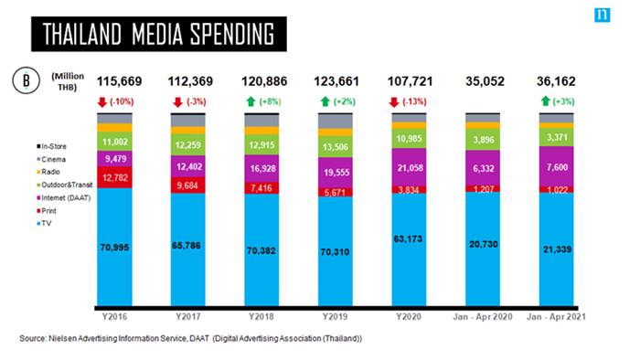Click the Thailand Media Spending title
pos(158,34)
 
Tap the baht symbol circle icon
pos(27,80)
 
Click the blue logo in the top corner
pos(602,16)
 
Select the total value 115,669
pos(119,81)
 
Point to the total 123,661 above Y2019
pos(336,81)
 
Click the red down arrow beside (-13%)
pos(394,102)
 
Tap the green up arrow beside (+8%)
pos(251,101)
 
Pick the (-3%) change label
pos(197,101)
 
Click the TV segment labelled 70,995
pos(114,247)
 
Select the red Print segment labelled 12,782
pos(114,177)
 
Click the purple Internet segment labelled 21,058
pos(409,167)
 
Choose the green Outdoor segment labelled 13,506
pos(336,147)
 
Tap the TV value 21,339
pos(557,249)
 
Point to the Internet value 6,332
pos(484,168)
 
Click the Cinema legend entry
pos(51,159)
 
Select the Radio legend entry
pos(48,172)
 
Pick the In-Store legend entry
pos(51,146)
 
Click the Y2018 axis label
pos(261,317)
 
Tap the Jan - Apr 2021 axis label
pos(556,317)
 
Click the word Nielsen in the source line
pos(62,338)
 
